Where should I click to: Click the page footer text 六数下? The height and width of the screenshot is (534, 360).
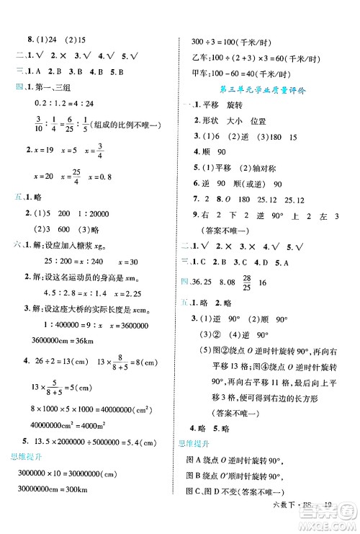(297, 525)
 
